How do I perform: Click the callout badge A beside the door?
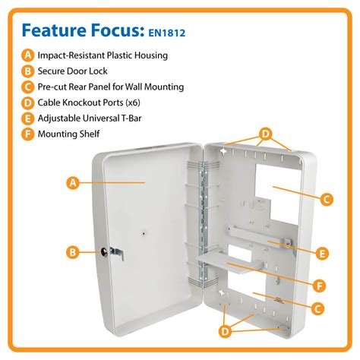click(x=73, y=182)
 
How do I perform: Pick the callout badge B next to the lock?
click(x=73, y=251)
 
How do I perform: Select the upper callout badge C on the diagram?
click(x=325, y=200)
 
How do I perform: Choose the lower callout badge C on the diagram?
click(x=318, y=308)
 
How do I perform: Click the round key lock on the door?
click(x=105, y=251)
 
